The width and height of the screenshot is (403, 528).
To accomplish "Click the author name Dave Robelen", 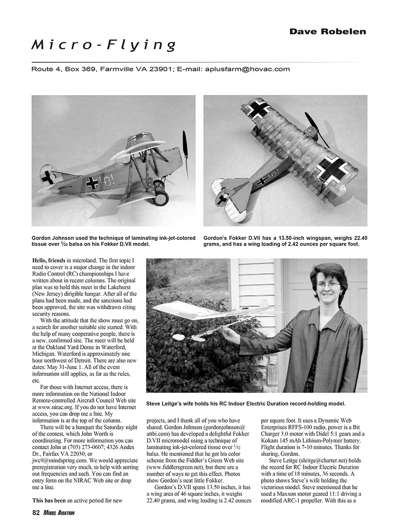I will [327, 31].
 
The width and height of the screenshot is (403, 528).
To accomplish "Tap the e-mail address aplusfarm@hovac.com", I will [247, 69].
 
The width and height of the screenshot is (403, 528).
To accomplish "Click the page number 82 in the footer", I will [36, 513].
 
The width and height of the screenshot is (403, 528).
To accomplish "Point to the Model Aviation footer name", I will [59, 513].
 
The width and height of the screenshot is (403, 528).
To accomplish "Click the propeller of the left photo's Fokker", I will [185, 154].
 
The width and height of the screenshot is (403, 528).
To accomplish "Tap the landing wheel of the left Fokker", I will [161, 197].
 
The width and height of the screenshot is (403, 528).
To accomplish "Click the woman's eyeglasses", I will [328, 285].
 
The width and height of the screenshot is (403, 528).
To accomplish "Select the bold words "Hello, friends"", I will [49, 260].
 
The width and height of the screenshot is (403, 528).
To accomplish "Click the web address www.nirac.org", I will [52, 408].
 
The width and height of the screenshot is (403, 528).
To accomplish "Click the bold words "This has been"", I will [49, 500].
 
